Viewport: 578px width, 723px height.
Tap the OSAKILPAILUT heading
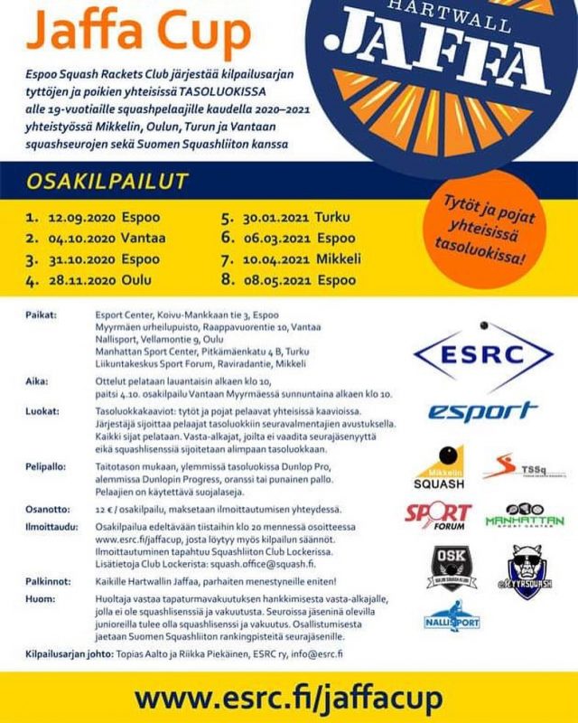pyautogui.click(x=107, y=181)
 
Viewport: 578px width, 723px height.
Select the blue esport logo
pyautogui.click(x=482, y=411)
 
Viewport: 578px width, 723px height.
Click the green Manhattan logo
pyautogui.click(x=525, y=516)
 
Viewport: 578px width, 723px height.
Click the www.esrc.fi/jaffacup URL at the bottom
pyautogui.click(x=288, y=699)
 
